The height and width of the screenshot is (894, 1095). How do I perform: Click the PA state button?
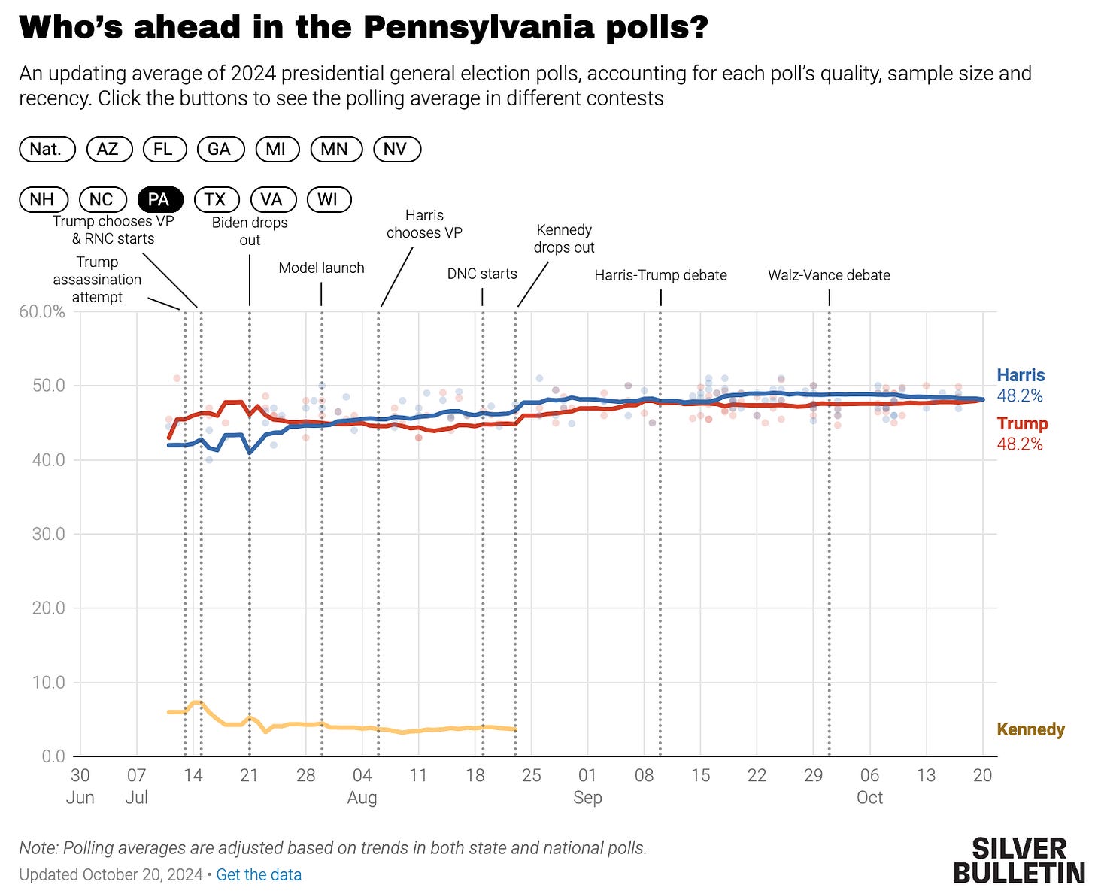coord(159,199)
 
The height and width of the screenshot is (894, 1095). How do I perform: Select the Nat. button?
coord(47,149)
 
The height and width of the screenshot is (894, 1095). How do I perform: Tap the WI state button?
coord(328,199)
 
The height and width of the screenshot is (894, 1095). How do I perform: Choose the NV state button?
coord(396,149)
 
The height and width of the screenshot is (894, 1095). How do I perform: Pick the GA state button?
coord(220,149)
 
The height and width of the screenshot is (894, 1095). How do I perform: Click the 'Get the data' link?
coord(259,874)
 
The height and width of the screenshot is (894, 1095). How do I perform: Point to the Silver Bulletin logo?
coord(1019,861)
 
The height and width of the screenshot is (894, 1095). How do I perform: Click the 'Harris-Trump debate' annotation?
coord(660,275)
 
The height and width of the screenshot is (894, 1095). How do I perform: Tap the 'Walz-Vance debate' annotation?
coord(829,275)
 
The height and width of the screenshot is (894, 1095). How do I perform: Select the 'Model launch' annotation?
coord(321,268)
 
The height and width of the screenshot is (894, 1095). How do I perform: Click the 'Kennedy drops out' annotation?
coord(564,238)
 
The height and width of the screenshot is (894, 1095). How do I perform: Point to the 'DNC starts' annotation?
coord(482,274)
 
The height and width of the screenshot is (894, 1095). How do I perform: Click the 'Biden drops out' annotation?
coord(250,231)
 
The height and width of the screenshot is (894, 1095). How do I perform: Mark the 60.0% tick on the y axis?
coord(42,311)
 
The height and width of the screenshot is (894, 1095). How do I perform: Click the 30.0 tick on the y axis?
coord(48,534)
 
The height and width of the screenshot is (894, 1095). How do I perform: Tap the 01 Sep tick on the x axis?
coord(587,786)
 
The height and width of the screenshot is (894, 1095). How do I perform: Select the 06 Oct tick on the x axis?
coord(869,786)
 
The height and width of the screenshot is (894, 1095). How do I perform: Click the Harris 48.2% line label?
coord(1021,385)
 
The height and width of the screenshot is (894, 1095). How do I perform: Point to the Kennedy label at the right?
coord(1030,729)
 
